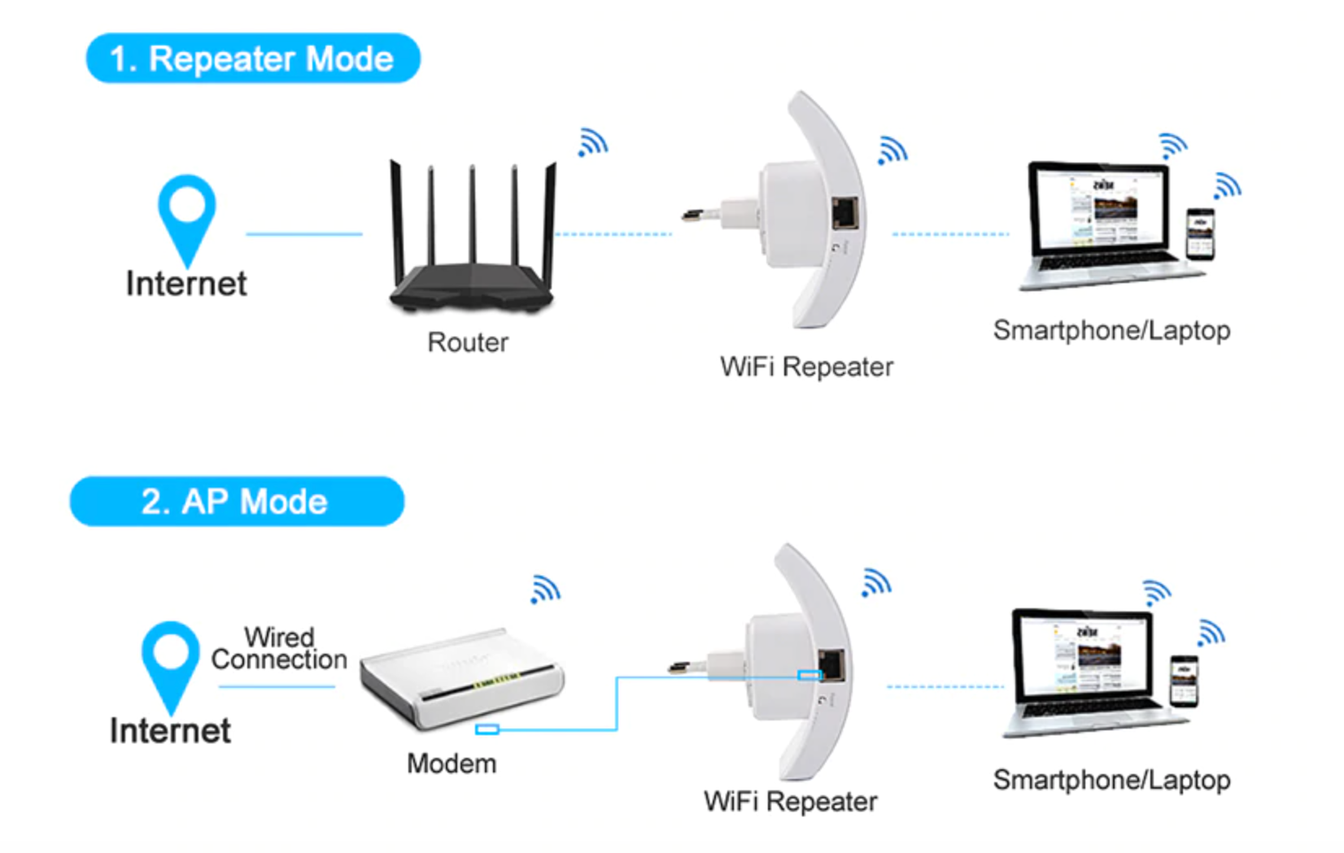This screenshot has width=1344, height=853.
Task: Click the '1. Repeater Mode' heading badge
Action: tap(253, 59)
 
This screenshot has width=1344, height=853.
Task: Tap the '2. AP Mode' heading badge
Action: tap(237, 502)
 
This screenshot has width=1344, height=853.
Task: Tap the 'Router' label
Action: tap(468, 342)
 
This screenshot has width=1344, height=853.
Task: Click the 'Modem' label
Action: tap(452, 764)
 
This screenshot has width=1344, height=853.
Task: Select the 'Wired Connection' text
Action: tap(279, 648)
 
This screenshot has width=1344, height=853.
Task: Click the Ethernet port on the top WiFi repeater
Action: tap(845, 212)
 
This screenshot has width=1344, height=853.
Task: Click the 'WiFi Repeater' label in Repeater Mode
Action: tap(806, 367)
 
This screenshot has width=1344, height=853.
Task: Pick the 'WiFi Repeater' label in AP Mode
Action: tap(790, 802)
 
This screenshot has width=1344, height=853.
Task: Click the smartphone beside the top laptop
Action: tap(1200, 234)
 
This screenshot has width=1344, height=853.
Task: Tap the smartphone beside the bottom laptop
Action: tap(1184, 680)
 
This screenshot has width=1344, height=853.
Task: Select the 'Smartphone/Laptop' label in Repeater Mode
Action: tap(1111, 330)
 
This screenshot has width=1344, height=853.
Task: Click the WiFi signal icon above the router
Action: tap(593, 143)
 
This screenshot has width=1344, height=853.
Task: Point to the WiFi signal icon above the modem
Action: tap(546, 589)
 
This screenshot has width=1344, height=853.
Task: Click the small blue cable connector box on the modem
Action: tap(487, 729)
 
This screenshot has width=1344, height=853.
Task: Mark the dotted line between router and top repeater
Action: tap(613, 234)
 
